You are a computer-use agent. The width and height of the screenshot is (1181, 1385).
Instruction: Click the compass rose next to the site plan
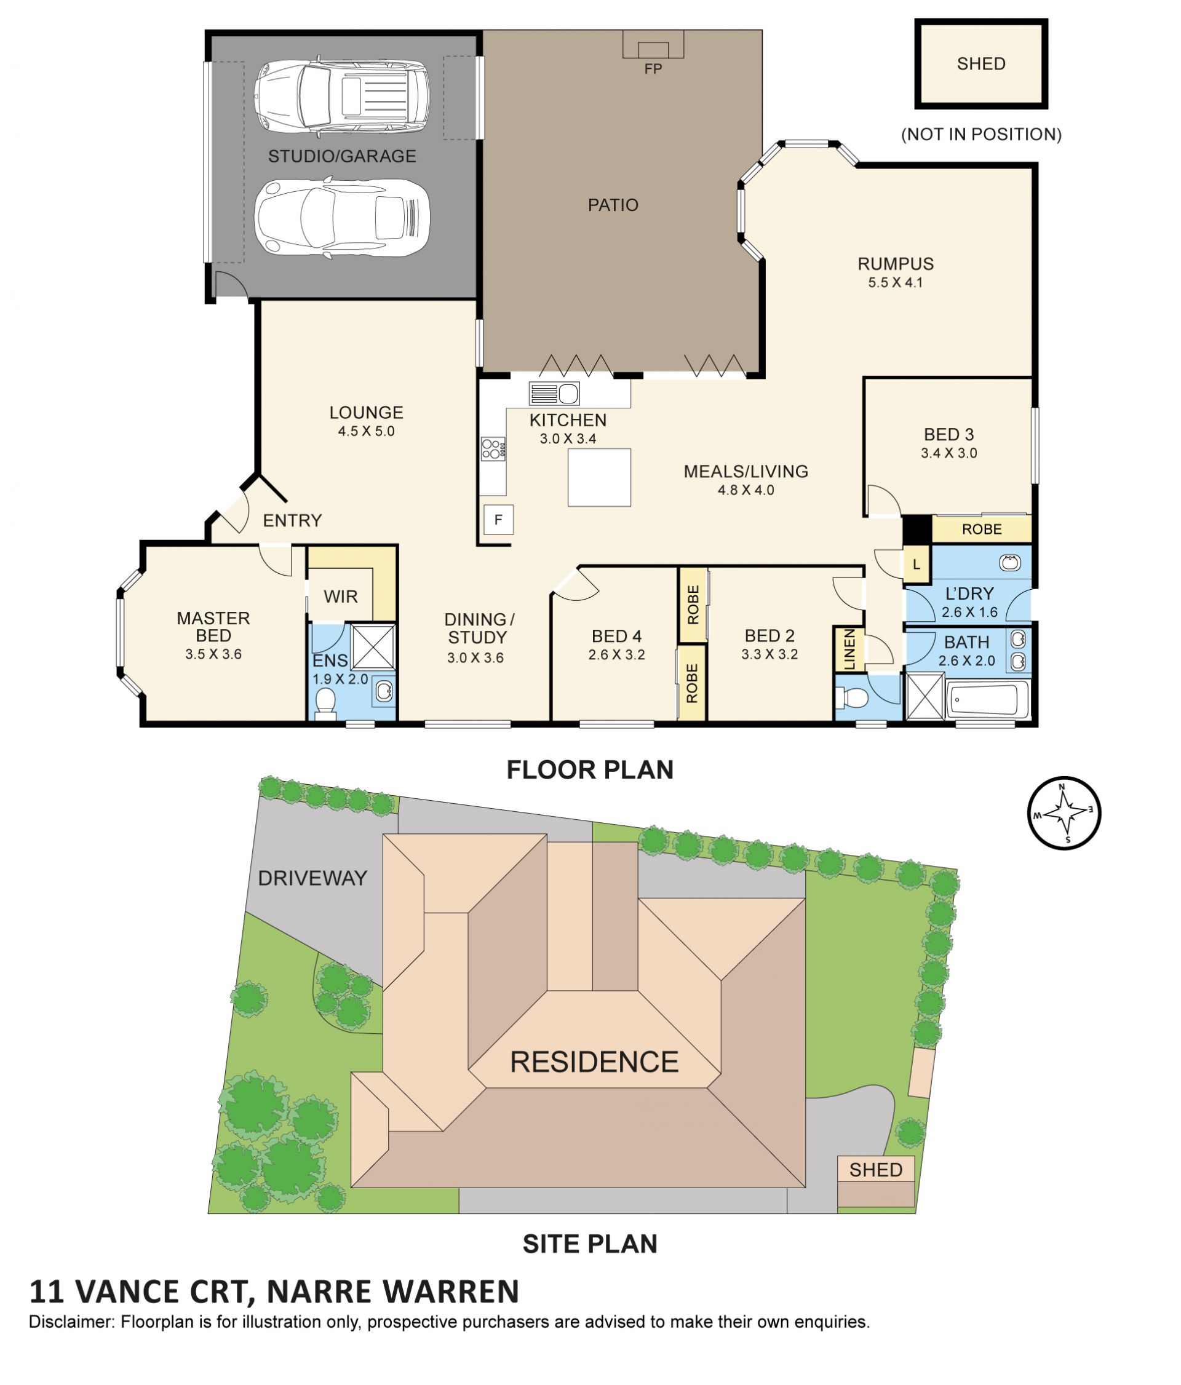click(x=1064, y=812)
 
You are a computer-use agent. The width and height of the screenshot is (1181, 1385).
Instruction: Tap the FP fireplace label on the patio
click(x=653, y=69)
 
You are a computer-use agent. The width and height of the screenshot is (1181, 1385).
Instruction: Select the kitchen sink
click(x=554, y=394)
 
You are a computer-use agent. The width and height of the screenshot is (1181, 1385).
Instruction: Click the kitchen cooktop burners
click(x=493, y=448)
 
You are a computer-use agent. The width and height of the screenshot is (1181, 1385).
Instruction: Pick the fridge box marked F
click(x=498, y=519)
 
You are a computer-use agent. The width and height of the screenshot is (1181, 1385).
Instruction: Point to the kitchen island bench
click(x=599, y=477)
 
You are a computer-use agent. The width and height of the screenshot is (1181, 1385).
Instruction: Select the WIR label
click(x=340, y=596)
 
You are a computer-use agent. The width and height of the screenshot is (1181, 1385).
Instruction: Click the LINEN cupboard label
click(x=849, y=649)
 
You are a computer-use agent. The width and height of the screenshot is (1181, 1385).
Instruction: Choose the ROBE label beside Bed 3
click(x=981, y=530)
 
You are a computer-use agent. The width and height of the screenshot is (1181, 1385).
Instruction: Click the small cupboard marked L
click(x=916, y=564)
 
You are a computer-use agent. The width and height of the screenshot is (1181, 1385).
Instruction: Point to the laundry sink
click(x=1009, y=563)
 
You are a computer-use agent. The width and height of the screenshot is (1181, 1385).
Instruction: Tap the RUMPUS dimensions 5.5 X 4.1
click(x=895, y=283)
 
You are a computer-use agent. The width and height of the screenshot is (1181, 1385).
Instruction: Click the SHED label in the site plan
click(x=875, y=1170)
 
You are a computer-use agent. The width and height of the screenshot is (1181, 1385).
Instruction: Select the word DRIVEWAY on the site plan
click(x=312, y=878)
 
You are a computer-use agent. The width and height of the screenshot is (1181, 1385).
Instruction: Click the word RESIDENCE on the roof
click(x=594, y=1062)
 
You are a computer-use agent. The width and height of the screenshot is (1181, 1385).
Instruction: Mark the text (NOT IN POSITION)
click(x=980, y=134)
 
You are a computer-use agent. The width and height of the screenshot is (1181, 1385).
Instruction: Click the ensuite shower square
click(x=372, y=646)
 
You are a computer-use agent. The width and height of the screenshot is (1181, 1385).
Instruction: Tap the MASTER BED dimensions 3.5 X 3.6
click(x=213, y=654)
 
